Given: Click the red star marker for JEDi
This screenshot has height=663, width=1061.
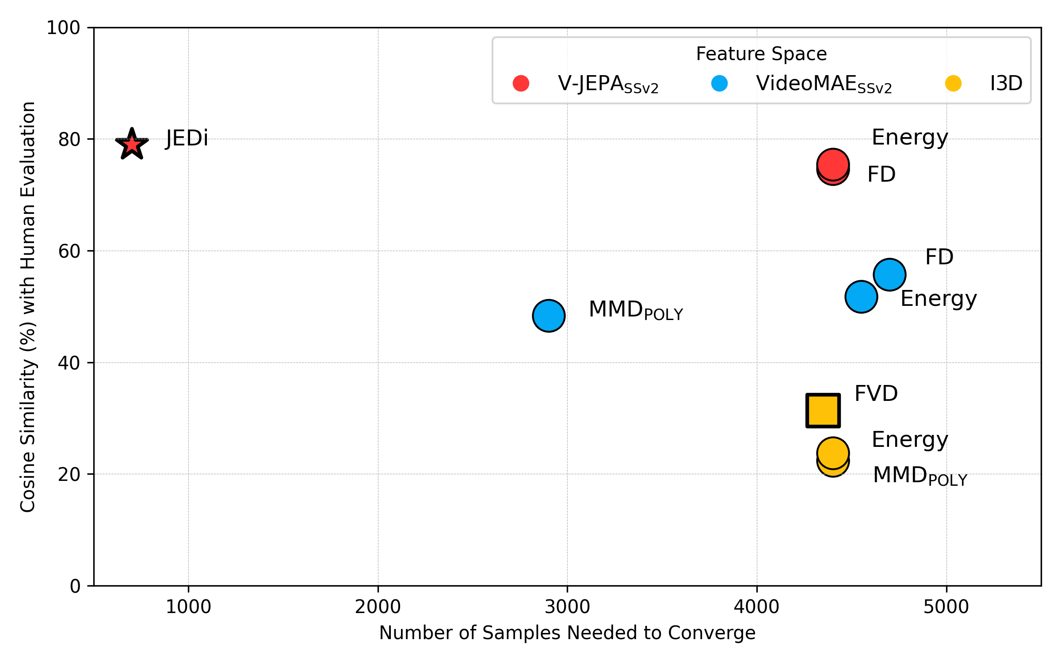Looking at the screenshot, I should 132,144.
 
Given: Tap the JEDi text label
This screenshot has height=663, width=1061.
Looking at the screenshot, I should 187,138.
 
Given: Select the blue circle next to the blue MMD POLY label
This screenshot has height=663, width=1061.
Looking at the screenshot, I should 549,316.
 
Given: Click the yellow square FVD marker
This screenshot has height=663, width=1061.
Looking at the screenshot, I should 823,410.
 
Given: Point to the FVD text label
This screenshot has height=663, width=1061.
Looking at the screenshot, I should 876,393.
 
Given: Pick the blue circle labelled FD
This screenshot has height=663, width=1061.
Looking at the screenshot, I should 889,274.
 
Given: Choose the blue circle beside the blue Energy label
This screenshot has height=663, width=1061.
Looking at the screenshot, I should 861,297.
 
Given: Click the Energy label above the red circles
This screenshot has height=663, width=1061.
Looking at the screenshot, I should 909,137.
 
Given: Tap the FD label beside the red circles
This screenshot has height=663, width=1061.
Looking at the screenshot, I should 881,174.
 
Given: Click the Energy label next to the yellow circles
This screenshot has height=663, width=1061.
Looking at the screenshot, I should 909,440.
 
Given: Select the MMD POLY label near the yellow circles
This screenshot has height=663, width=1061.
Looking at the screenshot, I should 920,476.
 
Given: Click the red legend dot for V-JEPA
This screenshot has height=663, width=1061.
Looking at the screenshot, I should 521,83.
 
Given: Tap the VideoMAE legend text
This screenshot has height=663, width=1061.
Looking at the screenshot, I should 824,84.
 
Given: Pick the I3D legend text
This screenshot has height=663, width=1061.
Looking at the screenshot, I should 1006,83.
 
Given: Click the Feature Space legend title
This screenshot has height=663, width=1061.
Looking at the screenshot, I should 761,54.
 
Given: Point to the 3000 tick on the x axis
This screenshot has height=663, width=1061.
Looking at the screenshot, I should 567,607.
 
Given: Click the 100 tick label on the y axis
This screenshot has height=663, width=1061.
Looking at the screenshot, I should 63,28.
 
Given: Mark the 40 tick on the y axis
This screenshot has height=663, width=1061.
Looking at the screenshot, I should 69,363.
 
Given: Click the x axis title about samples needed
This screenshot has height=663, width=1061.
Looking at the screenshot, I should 567,633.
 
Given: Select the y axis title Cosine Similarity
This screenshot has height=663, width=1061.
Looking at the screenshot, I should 28,307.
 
